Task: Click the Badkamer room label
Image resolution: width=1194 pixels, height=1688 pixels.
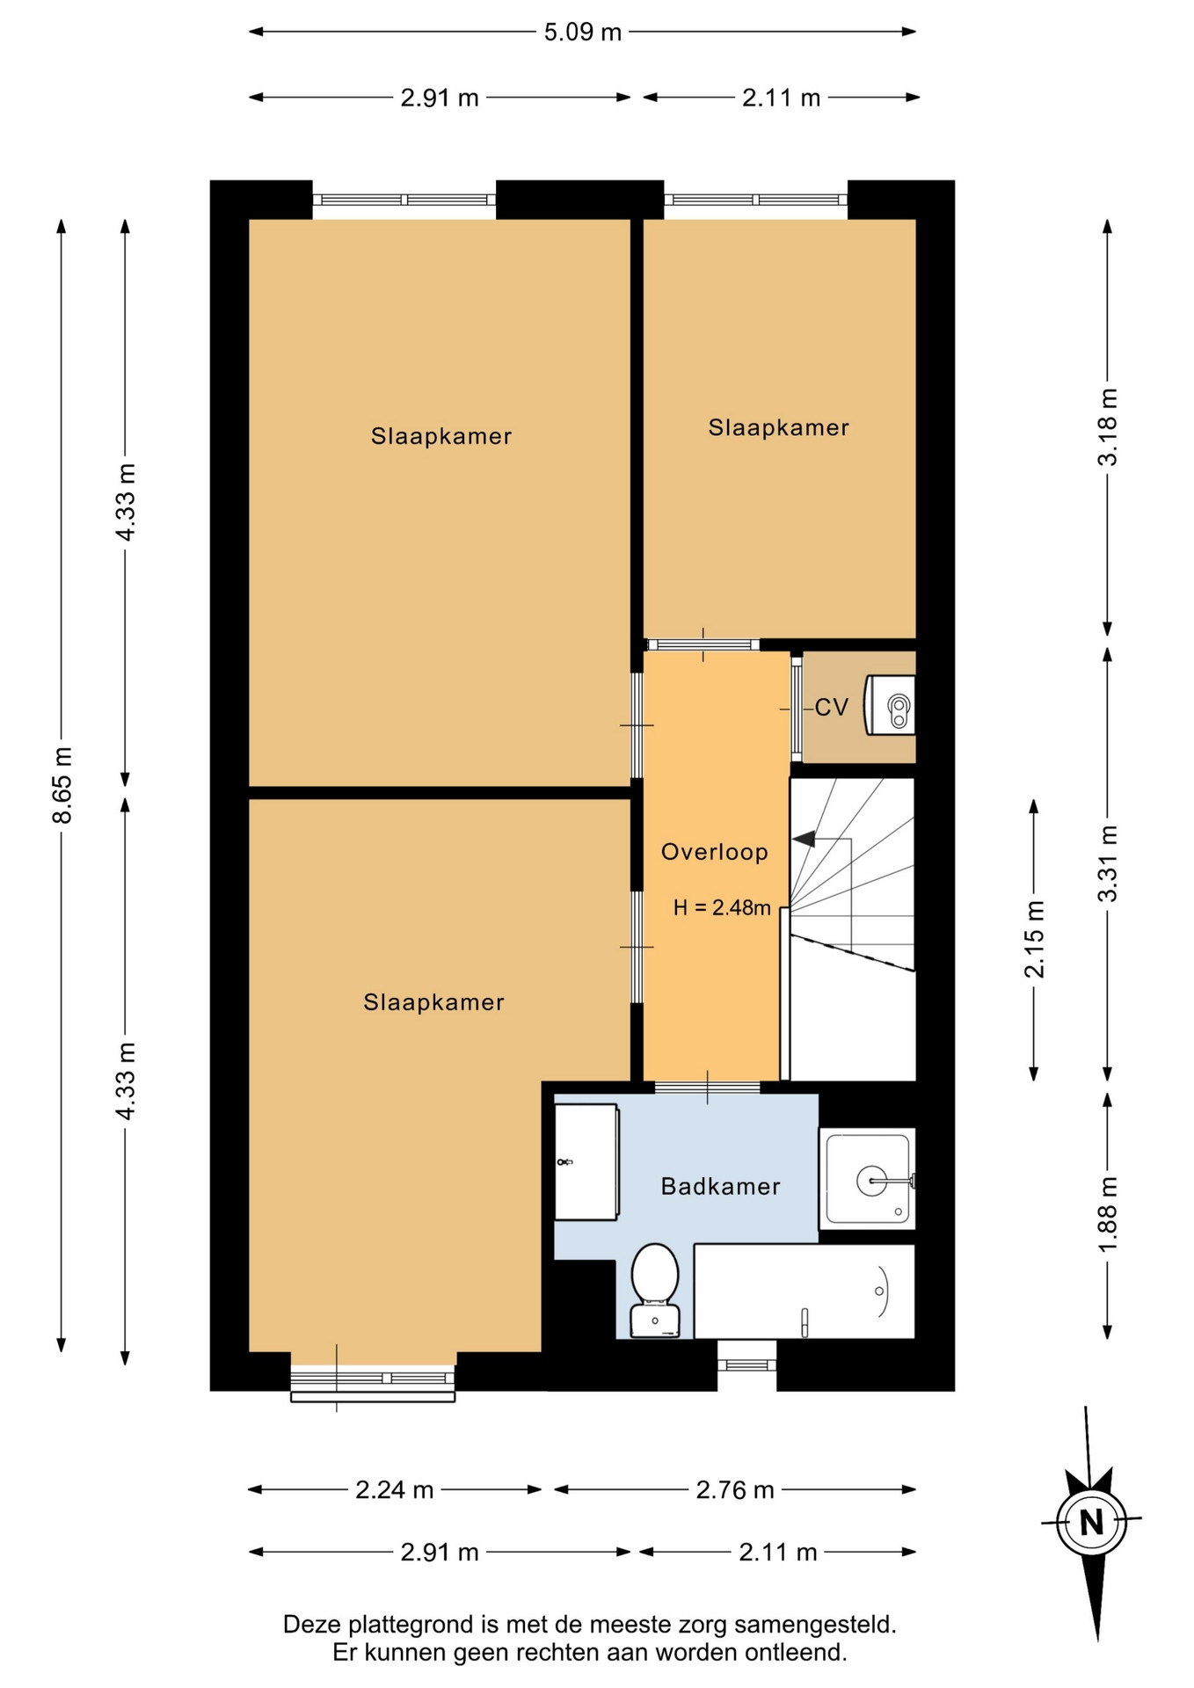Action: pyautogui.click(x=720, y=1187)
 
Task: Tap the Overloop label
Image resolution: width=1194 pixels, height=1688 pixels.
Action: pyautogui.click(x=715, y=852)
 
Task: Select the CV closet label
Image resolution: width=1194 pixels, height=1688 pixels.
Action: pyautogui.click(x=831, y=707)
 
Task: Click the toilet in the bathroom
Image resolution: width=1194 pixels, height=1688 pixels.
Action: pyautogui.click(x=655, y=1290)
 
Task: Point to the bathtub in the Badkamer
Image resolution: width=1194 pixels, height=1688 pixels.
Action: pyautogui.click(x=804, y=1291)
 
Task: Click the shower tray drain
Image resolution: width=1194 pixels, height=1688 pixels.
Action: pyautogui.click(x=872, y=1180)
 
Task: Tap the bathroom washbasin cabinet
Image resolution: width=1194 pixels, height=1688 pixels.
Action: pyautogui.click(x=586, y=1161)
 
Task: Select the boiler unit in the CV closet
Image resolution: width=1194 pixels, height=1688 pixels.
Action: pyautogui.click(x=890, y=705)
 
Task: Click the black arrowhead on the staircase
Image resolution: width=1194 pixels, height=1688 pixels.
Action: pyautogui.click(x=803, y=840)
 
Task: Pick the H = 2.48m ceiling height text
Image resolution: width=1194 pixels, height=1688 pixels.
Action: pyautogui.click(x=722, y=908)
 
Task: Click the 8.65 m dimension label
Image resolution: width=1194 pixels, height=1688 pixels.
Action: pyautogui.click(x=62, y=785)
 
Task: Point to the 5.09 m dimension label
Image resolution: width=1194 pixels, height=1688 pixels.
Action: pyautogui.click(x=582, y=33)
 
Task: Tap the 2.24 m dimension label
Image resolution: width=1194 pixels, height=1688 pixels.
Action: pyautogui.click(x=395, y=1489)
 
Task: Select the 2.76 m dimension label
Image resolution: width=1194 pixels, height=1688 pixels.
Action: pyautogui.click(x=735, y=1489)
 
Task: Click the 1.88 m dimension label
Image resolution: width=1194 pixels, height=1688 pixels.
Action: pyautogui.click(x=1108, y=1215)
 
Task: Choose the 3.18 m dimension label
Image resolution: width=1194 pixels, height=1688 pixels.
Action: pyautogui.click(x=1108, y=427)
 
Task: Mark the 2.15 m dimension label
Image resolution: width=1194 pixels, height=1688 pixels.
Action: pyautogui.click(x=1034, y=939)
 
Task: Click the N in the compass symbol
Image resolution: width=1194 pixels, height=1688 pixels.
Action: pyautogui.click(x=1092, y=1521)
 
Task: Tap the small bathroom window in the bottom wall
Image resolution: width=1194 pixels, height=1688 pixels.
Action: pyautogui.click(x=746, y=1364)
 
